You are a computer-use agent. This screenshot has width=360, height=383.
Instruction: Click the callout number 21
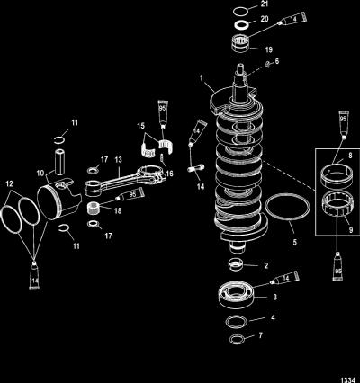[265, 4]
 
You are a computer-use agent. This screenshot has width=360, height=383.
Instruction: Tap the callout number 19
[269, 49]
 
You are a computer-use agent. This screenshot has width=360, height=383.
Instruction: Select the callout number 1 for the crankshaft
[202, 78]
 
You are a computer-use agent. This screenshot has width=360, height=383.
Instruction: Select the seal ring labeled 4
[238, 321]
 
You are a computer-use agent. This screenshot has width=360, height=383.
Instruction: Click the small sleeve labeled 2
[236, 265]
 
